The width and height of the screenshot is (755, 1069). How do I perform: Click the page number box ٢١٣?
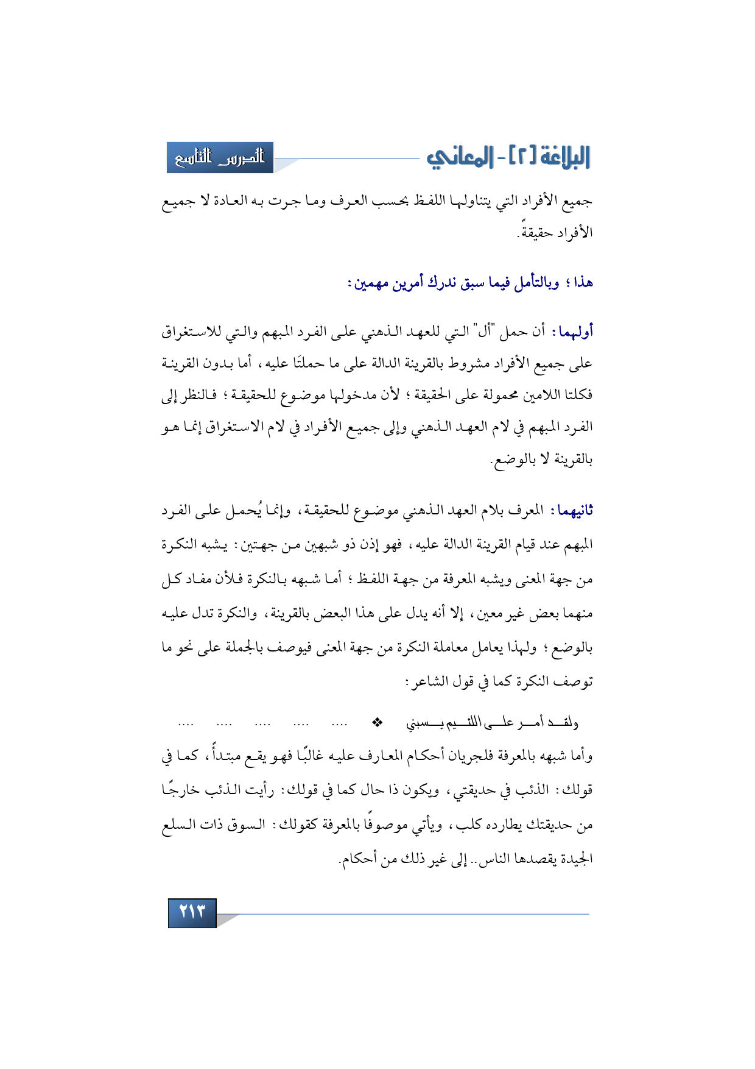(x=192, y=912)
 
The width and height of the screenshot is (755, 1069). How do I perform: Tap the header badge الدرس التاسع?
(x=220, y=158)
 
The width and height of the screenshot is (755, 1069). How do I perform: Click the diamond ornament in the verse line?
(x=377, y=723)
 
